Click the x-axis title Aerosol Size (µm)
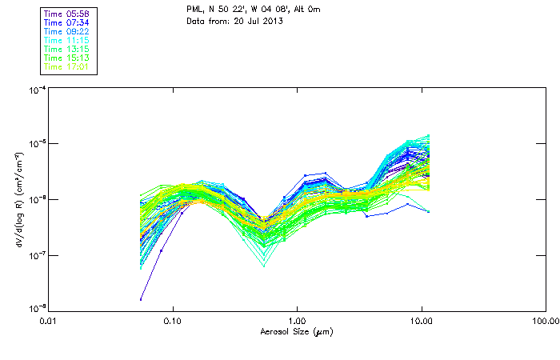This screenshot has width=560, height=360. (296, 330)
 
